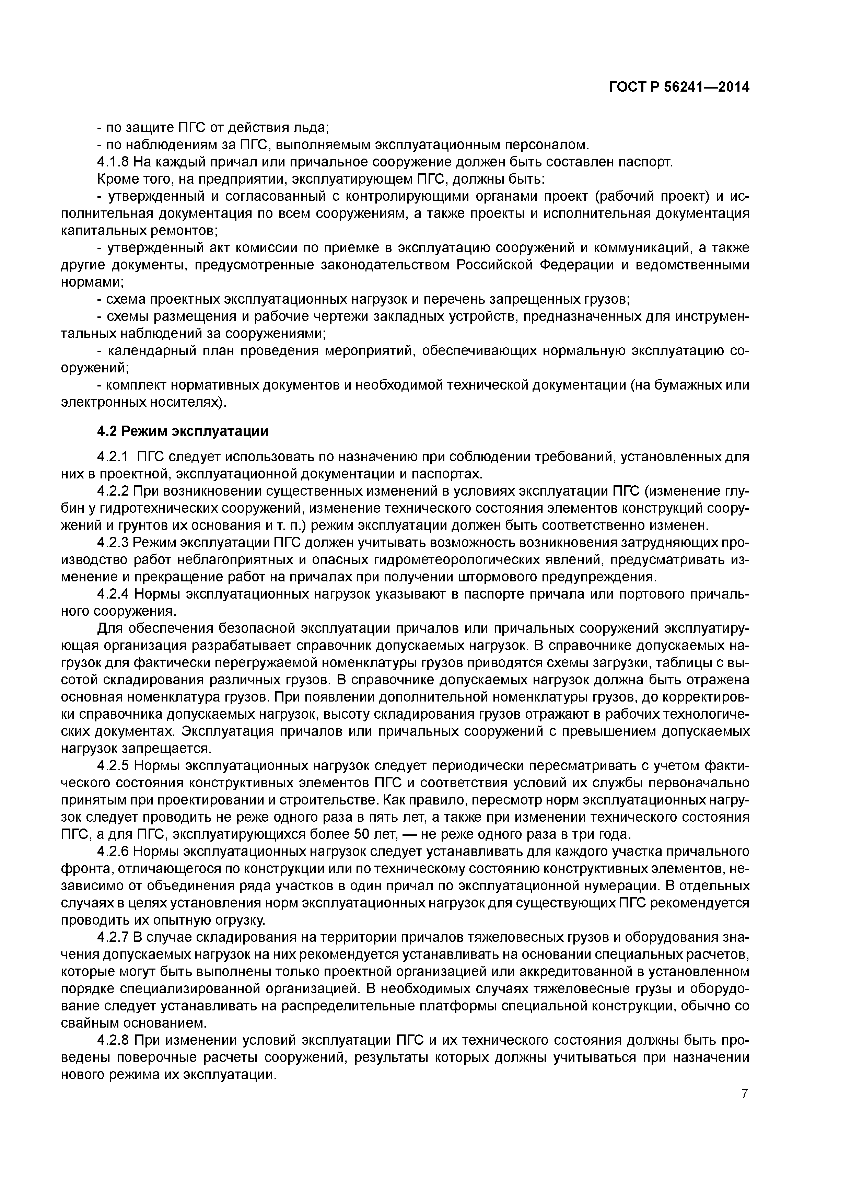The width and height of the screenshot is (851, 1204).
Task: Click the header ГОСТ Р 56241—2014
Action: click(x=678, y=87)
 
